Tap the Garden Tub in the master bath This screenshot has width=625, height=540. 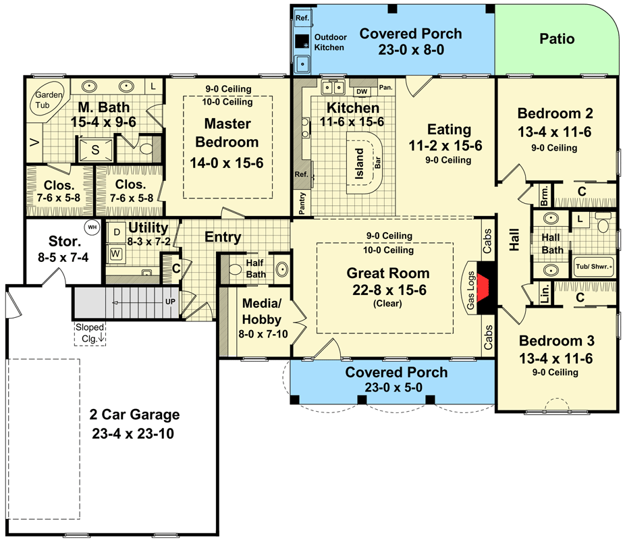[x=48, y=101]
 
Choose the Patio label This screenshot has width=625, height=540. [x=557, y=39]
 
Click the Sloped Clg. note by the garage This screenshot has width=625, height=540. [x=90, y=331]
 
